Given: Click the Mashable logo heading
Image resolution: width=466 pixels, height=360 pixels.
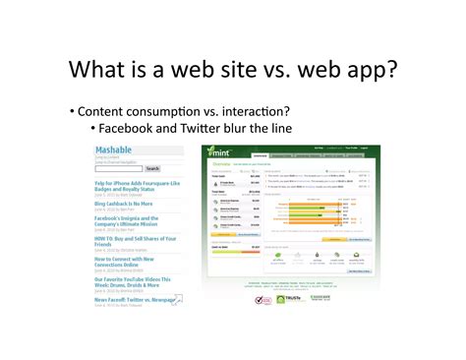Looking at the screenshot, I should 113,150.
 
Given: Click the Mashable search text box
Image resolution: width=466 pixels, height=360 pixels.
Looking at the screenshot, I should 117,168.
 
